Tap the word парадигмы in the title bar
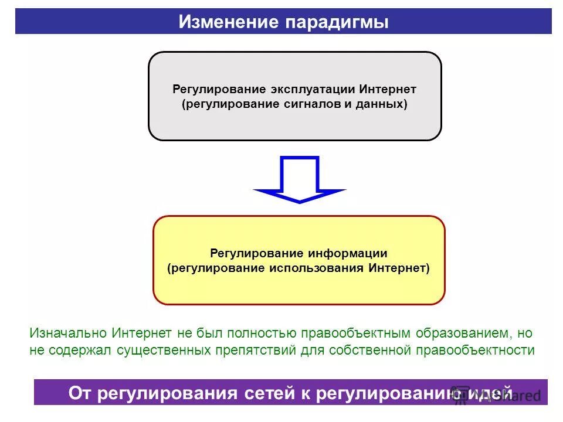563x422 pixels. point(337,22)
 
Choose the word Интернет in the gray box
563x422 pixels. point(388,90)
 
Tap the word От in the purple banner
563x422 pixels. point(80,393)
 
